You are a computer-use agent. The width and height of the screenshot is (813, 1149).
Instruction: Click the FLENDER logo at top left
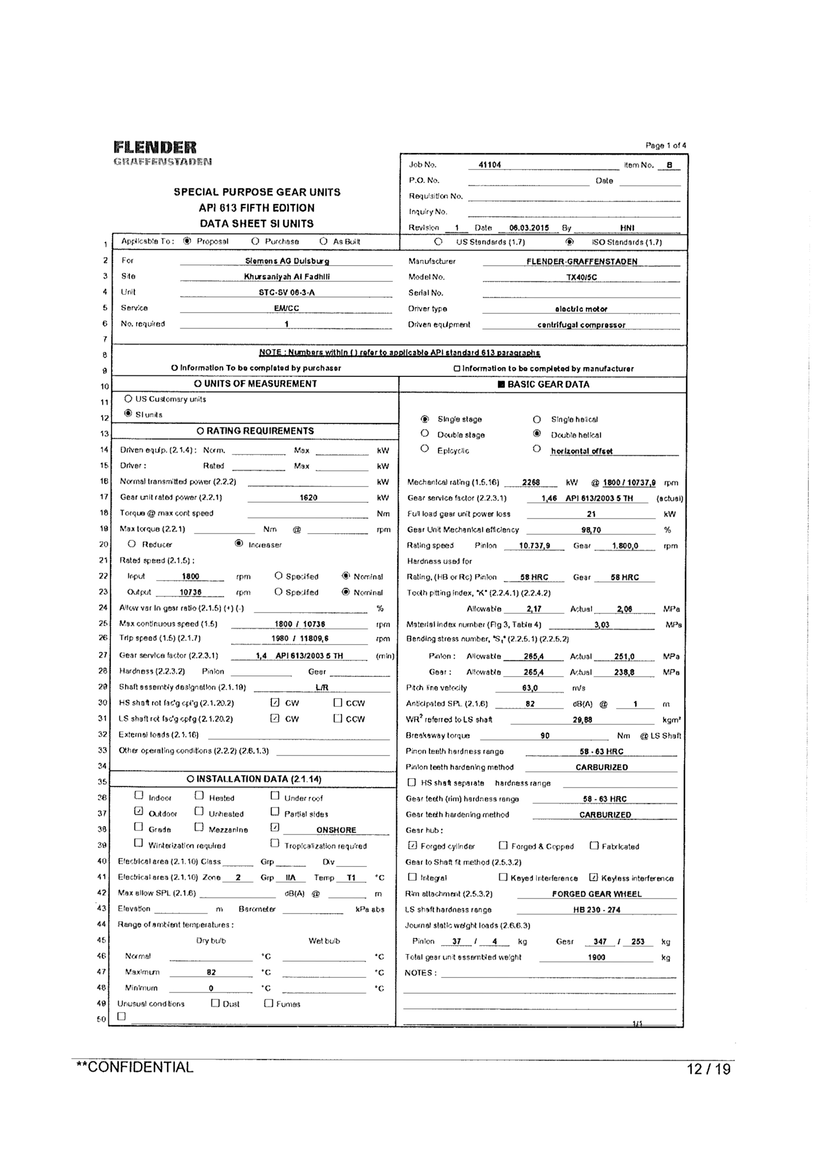155,148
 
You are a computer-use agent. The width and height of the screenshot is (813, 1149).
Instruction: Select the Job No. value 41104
490,165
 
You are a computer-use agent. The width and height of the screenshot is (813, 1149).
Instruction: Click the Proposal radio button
187,241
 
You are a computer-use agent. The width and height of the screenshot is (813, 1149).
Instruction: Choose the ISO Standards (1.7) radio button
569,242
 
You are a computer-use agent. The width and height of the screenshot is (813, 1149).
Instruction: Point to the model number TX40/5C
581,277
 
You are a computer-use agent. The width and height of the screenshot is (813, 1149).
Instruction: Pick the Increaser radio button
239,544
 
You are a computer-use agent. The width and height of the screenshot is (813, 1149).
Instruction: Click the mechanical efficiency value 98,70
591,530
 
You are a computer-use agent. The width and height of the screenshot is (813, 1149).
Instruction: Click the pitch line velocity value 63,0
530,688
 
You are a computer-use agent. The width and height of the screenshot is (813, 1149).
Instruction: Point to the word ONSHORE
336,830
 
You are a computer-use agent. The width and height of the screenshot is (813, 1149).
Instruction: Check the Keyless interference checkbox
594,877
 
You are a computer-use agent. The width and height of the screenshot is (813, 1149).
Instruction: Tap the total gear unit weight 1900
596,957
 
